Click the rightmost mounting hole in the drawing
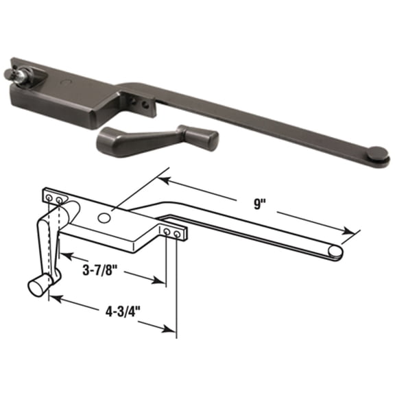177,235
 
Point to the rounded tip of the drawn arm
334,252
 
